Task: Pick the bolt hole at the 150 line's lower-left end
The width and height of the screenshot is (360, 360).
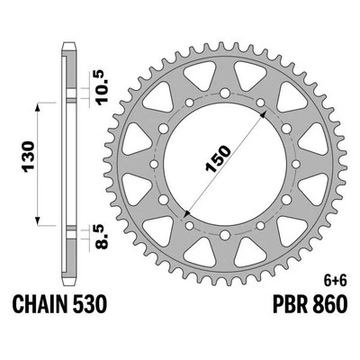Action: click(x=183, y=217)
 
